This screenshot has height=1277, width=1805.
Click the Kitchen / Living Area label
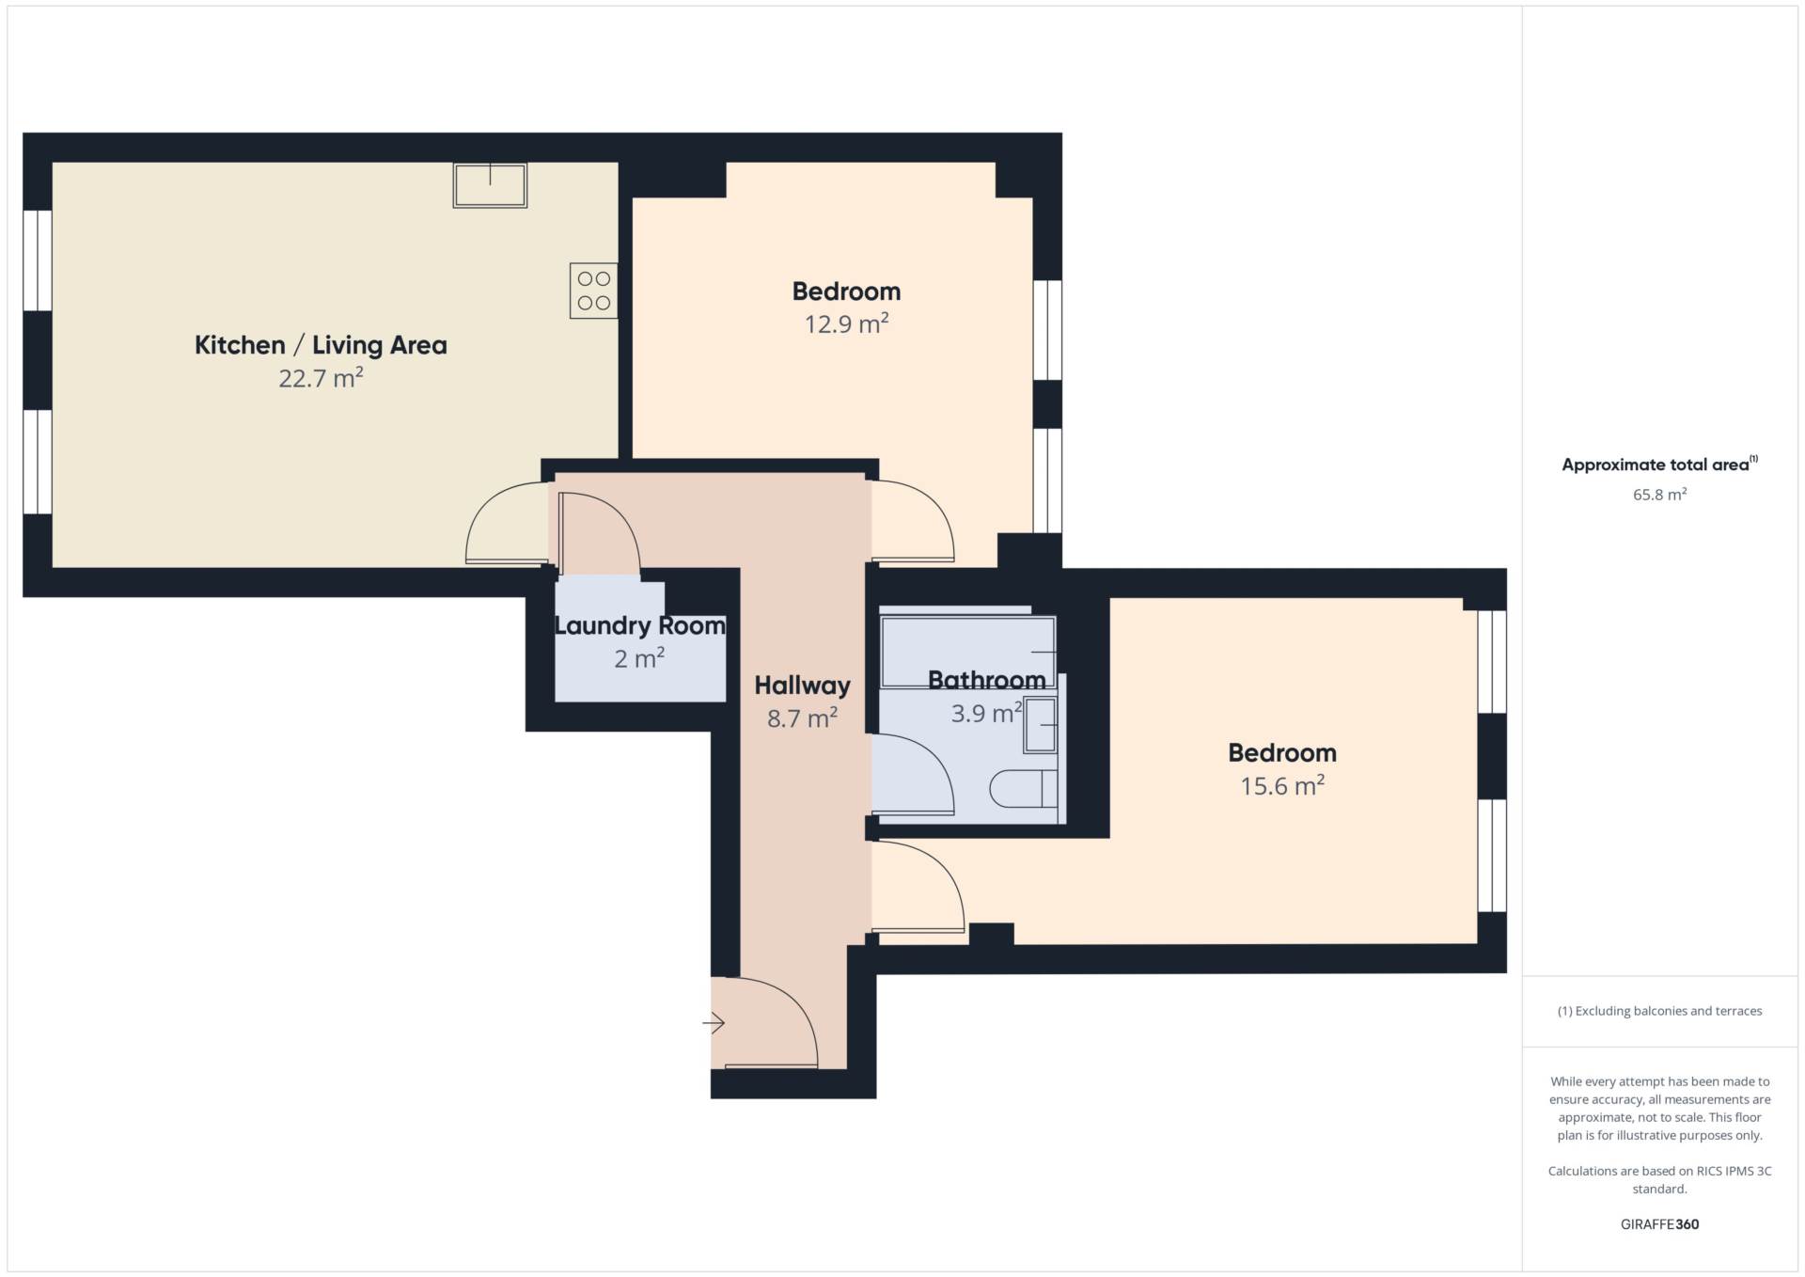click(x=321, y=345)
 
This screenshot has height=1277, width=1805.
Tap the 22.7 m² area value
click(x=321, y=378)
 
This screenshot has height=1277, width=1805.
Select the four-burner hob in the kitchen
click(x=593, y=291)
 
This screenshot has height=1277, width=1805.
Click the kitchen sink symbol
click(x=490, y=184)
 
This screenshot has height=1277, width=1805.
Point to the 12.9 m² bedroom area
click(x=846, y=324)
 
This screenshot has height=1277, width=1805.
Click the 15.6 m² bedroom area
click(x=1282, y=786)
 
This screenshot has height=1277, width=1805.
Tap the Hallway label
click(x=802, y=686)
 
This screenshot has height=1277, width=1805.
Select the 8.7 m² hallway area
click(x=802, y=718)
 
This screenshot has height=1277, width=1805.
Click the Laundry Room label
click(x=639, y=626)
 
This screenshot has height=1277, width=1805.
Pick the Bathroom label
click(x=986, y=680)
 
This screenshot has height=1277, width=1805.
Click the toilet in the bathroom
click(x=1024, y=789)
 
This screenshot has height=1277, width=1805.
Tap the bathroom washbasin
click(x=1040, y=725)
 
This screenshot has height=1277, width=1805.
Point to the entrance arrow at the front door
click(x=714, y=1022)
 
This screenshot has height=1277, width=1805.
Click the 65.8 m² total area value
click(x=1659, y=495)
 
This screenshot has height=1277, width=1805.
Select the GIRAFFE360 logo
click(x=1659, y=1224)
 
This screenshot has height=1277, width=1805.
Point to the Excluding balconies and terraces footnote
click(x=1659, y=1011)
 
